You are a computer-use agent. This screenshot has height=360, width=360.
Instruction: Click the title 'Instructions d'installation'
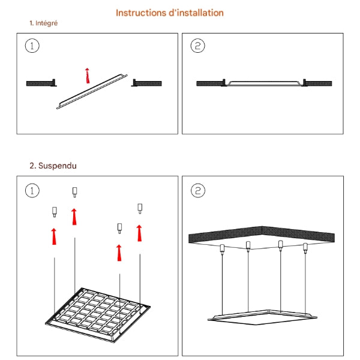point(170,13)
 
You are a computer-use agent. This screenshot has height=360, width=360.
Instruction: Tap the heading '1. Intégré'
point(44,23)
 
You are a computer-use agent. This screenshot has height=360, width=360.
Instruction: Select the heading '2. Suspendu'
point(53,166)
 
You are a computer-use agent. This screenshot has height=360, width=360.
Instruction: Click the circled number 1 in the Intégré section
point(32,46)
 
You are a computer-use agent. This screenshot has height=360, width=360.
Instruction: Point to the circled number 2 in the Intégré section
point(197,46)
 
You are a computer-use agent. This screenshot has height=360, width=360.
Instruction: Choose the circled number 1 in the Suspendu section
point(32,191)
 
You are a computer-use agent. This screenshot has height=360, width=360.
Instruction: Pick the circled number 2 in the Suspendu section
point(198,191)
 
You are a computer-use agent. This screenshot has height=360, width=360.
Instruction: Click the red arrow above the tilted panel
point(87,76)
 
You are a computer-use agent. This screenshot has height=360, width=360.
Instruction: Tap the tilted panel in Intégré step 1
point(92,92)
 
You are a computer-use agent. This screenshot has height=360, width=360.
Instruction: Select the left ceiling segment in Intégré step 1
point(41,83)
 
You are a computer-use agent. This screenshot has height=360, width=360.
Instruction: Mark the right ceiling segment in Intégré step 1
point(146,83)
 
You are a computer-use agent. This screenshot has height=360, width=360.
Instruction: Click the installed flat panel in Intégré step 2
point(264,83)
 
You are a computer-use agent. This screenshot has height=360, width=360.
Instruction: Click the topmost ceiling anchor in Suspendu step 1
point(74,192)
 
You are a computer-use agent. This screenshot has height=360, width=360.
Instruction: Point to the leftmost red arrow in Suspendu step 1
point(54,236)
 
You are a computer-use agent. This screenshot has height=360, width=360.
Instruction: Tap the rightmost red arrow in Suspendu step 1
point(139,233)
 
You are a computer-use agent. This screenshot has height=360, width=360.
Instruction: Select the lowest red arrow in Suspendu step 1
point(119,253)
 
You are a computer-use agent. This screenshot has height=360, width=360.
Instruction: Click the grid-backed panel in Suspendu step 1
point(98,315)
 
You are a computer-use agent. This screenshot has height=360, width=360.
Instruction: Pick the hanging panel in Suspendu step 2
point(263,317)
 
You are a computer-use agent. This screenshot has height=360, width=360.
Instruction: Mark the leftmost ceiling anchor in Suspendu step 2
point(222,250)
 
